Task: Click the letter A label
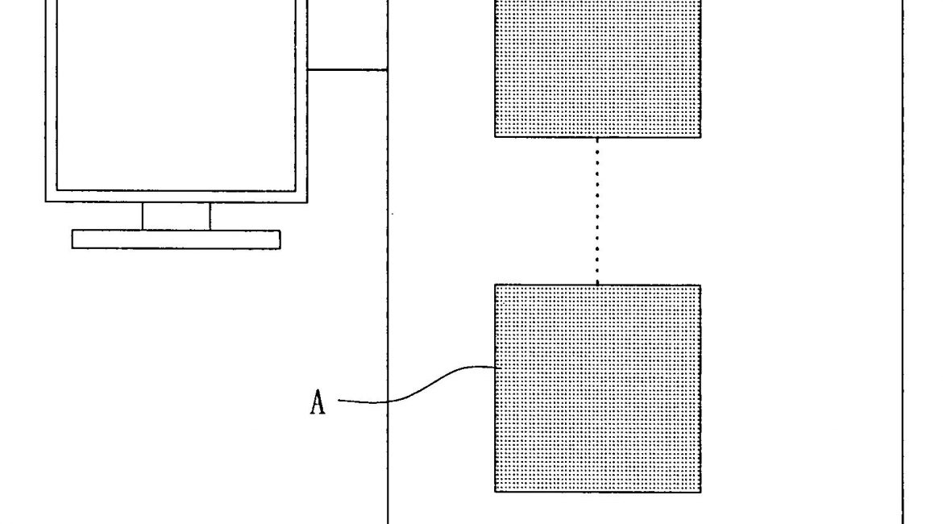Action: click(318, 401)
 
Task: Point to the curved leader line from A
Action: click(419, 387)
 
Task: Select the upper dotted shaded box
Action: click(597, 69)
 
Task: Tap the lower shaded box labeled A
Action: click(597, 388)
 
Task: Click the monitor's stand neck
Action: click(176, 216)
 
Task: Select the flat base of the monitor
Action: click(176, 239)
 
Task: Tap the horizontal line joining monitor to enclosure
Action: click(347, 70)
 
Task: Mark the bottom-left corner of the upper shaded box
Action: click(495, 137)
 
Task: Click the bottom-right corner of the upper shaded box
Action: click(700, 137)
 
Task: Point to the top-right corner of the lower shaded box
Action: click(700, 285)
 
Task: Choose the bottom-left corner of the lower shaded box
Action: click(495, 491)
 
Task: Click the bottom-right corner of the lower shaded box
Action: click(700, 491)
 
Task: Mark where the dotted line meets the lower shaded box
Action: click(597, 285)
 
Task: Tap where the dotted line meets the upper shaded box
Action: click(597, 138)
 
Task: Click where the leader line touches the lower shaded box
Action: click(495, 368)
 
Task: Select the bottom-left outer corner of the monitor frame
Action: click(46, 202)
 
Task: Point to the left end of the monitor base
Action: click(73, 239)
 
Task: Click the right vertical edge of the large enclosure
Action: click(902, 262)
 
